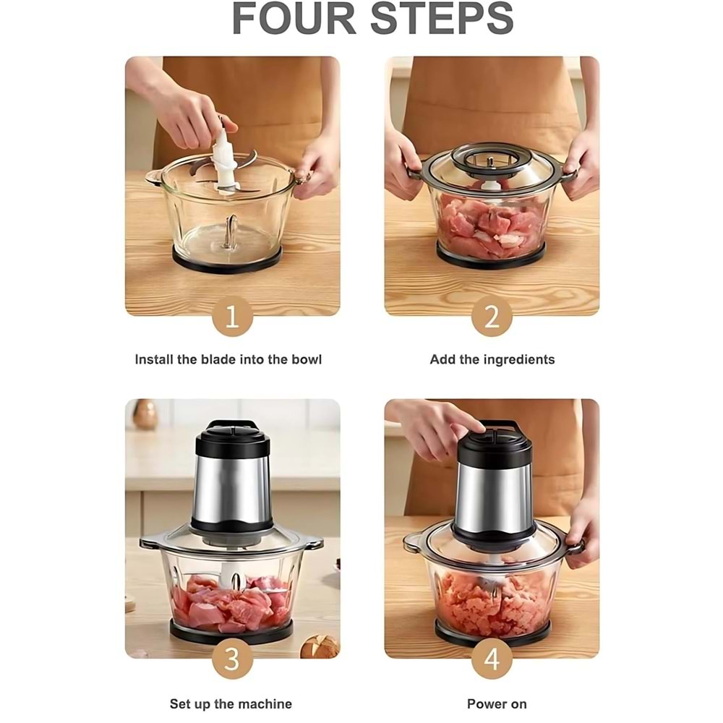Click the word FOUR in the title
294,19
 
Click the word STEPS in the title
442,19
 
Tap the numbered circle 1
232,317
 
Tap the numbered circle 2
492,317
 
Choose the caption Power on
497,704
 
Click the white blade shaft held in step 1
226,163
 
